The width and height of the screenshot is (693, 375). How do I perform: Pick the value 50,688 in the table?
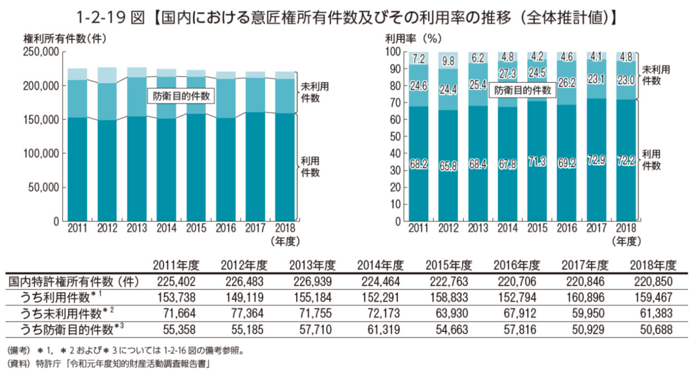(x=654, y=329)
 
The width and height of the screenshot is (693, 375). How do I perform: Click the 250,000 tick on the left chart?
(x=41, y=52)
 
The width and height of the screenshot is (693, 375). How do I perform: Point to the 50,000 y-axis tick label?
(x=43, y=187)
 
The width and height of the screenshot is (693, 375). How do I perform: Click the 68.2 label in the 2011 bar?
(x=418, y=164)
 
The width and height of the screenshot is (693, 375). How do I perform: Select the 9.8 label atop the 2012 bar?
(x=448, y=61)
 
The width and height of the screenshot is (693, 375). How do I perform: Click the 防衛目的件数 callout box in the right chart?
(x=522, y=90)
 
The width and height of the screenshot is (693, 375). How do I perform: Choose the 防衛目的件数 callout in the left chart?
(x=181, y=96)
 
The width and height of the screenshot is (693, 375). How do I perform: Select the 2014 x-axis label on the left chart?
(x=166, y=228)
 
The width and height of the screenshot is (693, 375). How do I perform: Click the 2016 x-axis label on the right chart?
(x=566, y=228)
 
